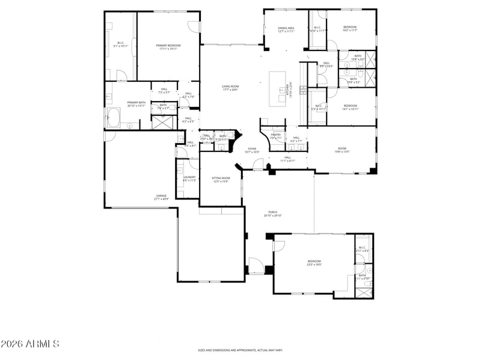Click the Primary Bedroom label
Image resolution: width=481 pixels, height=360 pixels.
168,47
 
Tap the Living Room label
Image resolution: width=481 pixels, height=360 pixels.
230,88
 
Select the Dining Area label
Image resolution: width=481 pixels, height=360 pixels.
286,29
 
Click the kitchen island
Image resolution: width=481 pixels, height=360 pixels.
278,89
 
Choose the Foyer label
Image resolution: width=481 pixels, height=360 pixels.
251,150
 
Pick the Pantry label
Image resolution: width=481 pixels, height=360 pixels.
276,136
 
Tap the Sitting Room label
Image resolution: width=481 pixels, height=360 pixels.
221,180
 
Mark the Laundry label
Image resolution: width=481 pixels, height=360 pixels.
189,178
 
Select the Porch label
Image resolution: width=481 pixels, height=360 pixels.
273,214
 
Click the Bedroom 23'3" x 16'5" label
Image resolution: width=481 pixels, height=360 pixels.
314,262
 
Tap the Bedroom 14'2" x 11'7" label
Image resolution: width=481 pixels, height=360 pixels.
350,28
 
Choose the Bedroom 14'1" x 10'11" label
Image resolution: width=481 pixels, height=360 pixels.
350,108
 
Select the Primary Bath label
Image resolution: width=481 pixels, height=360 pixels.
136,104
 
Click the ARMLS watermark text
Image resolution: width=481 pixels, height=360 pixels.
30,344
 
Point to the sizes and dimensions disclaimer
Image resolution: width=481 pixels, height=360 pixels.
240,350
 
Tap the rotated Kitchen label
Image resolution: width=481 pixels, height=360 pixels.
291,90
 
